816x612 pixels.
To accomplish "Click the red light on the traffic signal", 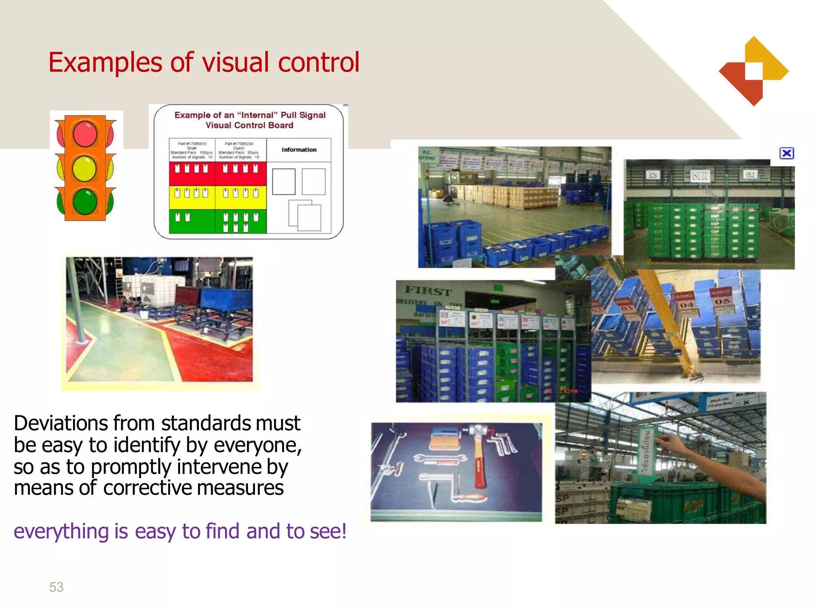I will coord(85,134).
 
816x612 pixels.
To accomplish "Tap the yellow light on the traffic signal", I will coord(84,169).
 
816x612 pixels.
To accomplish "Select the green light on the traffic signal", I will coord(85,202).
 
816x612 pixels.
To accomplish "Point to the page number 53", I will coord(56,587).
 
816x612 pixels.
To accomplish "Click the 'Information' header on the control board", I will coord(299,150).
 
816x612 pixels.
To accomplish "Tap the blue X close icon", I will coord(787,153).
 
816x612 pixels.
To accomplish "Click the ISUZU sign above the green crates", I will coord(700,175).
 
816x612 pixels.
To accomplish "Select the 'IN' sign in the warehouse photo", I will coord(653,175).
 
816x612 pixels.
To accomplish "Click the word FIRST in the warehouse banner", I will coord(428,291).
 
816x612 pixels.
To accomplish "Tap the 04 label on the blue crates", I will coord(687,305).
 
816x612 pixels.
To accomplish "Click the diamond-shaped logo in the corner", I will coord(753,71).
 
